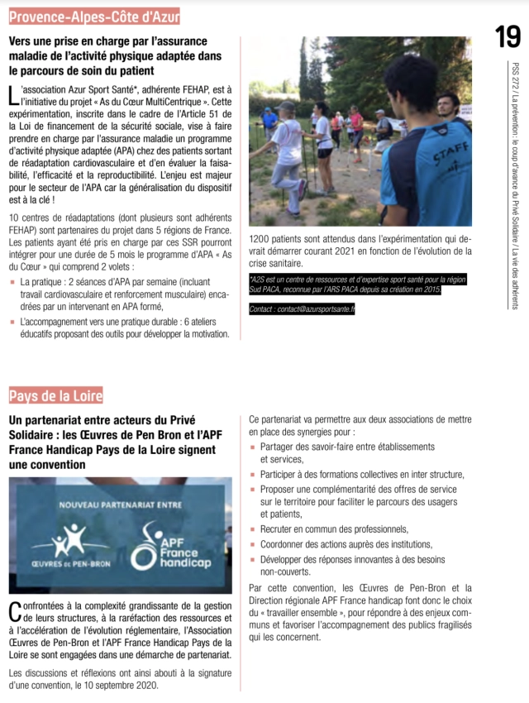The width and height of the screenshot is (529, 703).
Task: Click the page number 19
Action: coord(508,36)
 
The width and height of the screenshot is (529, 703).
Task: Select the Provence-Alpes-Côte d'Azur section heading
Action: coord(94,15)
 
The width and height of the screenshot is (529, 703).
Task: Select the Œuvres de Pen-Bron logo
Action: coord(69,547)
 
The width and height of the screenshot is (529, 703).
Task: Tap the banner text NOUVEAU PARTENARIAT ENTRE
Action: coord(121,505)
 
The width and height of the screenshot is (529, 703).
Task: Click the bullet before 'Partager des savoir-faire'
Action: coord(253,447)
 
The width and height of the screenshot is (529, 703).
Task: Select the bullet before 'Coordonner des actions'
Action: coord(253,544)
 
